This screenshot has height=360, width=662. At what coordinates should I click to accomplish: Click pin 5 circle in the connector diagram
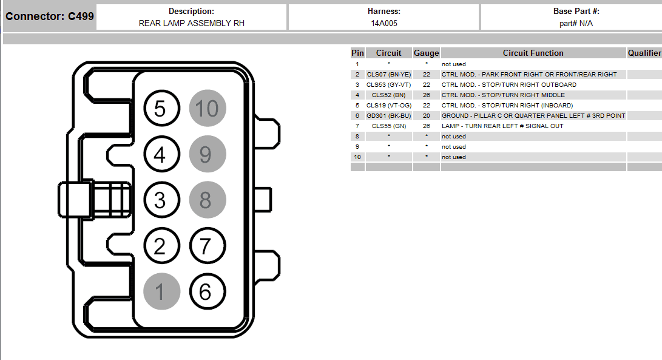point(161,108)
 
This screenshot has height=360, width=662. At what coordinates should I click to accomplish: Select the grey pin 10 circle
point(208,108)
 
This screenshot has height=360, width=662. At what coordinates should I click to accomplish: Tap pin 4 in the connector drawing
point(161,154)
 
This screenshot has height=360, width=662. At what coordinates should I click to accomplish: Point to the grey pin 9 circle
point(208,154)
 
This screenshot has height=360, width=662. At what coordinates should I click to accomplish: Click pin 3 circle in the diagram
point(161,200)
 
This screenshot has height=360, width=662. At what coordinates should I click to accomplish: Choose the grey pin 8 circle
point(208,200)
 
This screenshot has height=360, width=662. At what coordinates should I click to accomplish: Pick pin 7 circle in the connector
point(208,246)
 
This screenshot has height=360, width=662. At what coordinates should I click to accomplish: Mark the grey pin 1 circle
point(161,291)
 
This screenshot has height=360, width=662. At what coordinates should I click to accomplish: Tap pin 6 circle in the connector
point(208,291)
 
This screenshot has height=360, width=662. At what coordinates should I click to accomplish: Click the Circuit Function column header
point(533,53)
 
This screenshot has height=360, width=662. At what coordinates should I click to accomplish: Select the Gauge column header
point(426,53)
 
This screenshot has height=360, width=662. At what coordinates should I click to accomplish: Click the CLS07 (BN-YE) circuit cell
point(388,74)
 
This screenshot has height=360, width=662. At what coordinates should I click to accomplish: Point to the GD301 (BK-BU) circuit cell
point(388,116)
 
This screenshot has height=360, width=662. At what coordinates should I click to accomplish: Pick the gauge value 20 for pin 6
point(427,116)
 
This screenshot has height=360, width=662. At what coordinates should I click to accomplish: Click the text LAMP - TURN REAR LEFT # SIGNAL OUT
point(502,126)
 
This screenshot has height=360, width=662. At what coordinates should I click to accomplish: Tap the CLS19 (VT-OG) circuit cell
point(388,105)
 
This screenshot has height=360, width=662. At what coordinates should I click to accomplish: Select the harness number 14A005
point(384,23)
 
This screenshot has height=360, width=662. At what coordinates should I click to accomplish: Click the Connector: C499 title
point(49,16)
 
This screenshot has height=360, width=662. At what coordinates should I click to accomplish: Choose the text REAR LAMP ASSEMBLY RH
point(192,23)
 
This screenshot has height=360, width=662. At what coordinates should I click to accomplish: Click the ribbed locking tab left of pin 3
point(95,200)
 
